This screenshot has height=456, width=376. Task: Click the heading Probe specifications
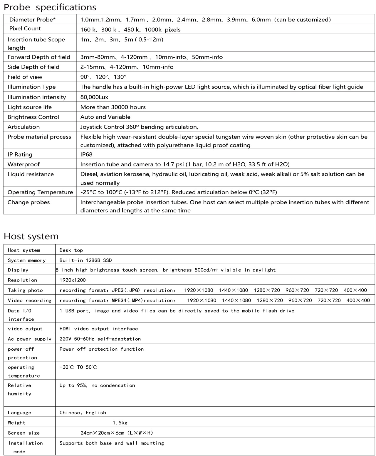(50, 7)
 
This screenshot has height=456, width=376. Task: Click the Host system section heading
(31, 236)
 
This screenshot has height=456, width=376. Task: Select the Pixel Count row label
(25, 29)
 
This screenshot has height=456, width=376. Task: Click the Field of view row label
(25, 77)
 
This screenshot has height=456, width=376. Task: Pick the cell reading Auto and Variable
(105, 117)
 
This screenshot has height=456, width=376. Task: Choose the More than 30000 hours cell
(113, 107)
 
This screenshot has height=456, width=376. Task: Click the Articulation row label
(23, 127)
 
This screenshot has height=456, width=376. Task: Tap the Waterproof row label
(23, 164)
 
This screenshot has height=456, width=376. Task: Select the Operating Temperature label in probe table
(40, 192)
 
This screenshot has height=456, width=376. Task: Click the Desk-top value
(71, 250)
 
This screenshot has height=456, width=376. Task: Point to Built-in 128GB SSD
(85, 260)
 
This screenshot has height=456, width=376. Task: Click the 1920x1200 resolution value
(73, 280)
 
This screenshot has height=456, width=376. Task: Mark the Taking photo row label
(25, 290)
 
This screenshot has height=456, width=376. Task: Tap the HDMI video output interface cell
(99, 329)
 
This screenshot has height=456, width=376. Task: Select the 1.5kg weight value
(120, 423)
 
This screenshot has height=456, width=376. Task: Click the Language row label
(19, 413)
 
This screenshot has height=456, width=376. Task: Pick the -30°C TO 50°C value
(78, 367)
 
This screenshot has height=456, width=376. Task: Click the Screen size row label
(24, 433)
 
